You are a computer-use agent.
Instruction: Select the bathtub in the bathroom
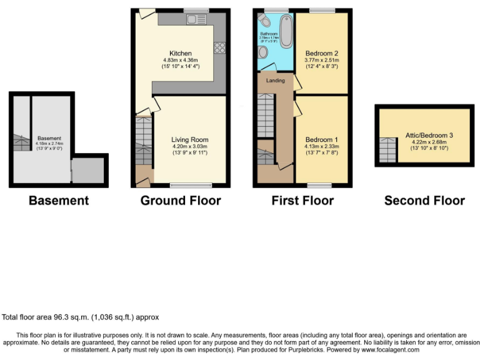[286, 31]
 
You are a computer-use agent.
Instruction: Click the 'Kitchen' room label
[180, 53]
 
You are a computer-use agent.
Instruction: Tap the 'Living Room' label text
[190, 139]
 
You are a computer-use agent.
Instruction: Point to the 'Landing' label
[275, 81]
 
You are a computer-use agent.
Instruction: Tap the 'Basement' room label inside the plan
[49, 138]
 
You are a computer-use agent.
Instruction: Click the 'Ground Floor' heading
[180, 201]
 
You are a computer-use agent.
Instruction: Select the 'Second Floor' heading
[424, 201]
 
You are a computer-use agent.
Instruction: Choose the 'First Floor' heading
[302, 201]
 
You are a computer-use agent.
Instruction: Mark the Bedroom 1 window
[319, 185]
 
